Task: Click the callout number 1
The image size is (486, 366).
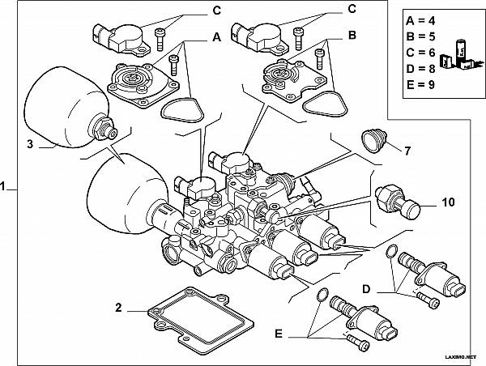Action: pos(6,186)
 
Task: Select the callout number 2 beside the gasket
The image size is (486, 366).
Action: pos(118,307)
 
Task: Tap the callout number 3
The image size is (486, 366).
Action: pos(30,145)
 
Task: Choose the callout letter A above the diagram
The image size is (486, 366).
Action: pos(216,36)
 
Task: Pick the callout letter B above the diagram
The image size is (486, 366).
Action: pos(352,36)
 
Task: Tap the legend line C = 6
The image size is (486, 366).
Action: pos(422,52)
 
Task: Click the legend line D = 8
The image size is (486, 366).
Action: pos(422,66)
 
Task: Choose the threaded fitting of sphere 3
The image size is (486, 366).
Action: pos(105,127)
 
